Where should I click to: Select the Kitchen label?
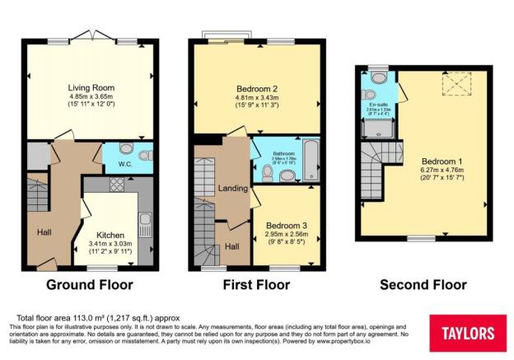pos(110,234)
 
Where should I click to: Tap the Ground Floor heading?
pos(90,285)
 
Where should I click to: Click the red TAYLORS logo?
pos(467,333)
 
